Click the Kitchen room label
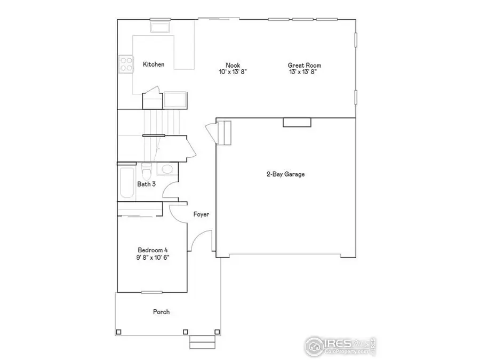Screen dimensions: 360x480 click(154, 65)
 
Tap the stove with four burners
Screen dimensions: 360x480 click(126, 65)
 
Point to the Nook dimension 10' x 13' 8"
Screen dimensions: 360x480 click(233, 71)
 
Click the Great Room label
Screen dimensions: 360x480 click(305, 66)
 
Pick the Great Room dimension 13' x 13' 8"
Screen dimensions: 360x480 click(305, 71)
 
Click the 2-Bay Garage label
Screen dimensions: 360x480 click(286, 174)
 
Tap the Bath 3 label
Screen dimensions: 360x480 click(147, 185)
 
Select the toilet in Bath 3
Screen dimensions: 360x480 click(147, 172)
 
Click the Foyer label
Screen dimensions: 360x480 click(201, 215)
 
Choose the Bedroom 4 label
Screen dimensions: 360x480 click(154, 250)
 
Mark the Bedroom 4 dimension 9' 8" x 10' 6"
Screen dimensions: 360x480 click(154, 257)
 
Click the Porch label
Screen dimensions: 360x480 click(161, 312)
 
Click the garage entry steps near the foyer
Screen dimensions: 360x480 click(225, 133)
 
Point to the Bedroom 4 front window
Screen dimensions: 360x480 click(151, 292)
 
